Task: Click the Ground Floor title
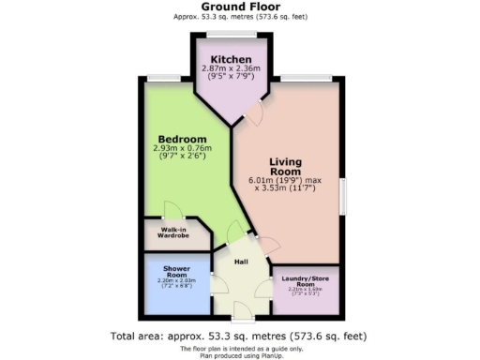pyautogui.click(x=240, y=7)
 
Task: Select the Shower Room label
pyautogui.click(x=177, y=272)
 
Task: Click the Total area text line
pyautogui.click(x=240, y=336)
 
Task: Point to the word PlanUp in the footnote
pyautogui.click(x=277, y=354)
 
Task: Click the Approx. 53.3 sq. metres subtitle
pyautogui.click(x=240, y=17)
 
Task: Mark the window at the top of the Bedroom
pyautogui.click(x=171, y=78)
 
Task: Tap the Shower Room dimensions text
pyautogui.click(x=177, y=282)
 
